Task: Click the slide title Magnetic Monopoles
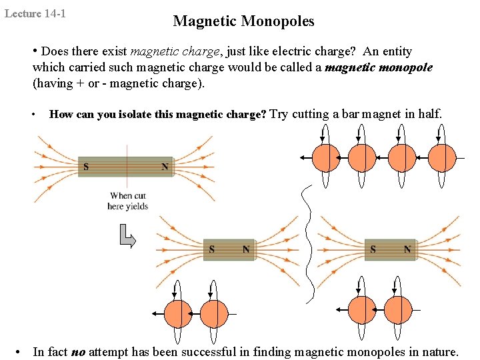[x=243, y=21]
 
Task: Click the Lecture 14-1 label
[x=35, y=13]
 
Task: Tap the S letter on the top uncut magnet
[x=85, y=166]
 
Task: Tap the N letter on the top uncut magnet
[x=165, y=166]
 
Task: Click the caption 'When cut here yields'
[x=127, y=201]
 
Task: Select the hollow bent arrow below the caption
[x=127, y=236]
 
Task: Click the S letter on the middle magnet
[x=211, y=249]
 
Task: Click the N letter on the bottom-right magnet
[x=407, y=249]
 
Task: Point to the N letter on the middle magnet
[x=246, y=249]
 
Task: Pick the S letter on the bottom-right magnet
[x=373, y=249]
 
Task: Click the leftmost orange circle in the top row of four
[x=327, y=158]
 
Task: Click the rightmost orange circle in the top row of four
[x=441, y=158]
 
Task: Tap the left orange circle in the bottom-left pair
[x=178, y=314]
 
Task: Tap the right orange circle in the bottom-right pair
[x=398, y=310]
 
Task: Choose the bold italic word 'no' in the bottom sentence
[x=78, y=352]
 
